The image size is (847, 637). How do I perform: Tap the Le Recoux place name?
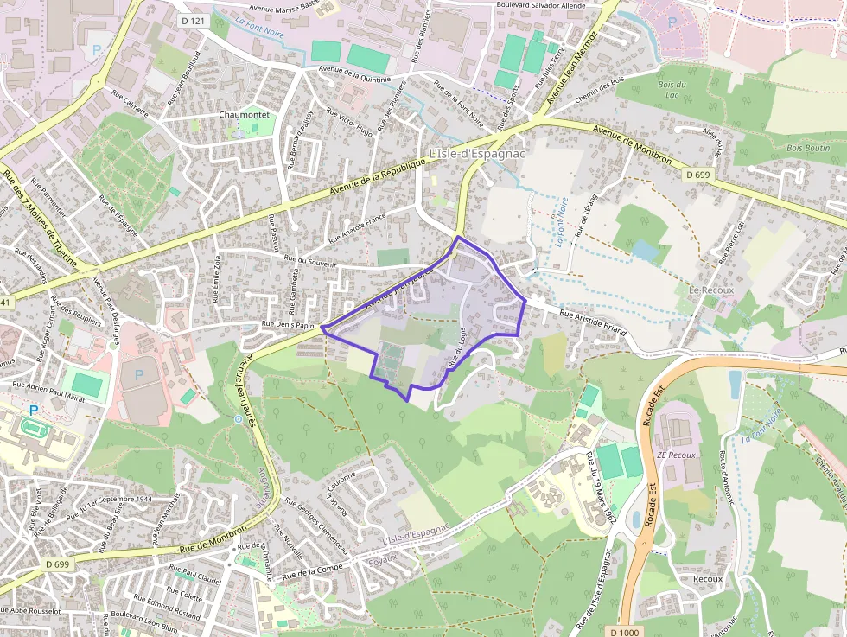pyautogui.click(x=711, y=290)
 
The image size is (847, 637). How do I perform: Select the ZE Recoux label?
pyautogui.click(x=676, y=455)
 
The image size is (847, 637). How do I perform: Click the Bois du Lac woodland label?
pyautogui.click(x=672, y=89)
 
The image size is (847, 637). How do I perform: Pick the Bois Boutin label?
pyautogui.click(x=807, y=148)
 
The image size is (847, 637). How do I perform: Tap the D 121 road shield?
pyautogui.click(x=192, y=19)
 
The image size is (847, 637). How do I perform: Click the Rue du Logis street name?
pyautogui.click(x=457, y=353)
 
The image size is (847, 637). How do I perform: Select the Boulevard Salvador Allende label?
pyautogui.click(x=553, y=5)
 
